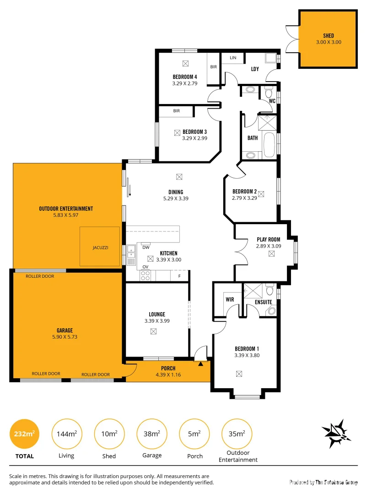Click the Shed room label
(x=328, y=36)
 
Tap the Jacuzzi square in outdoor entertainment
(x=100, y=247)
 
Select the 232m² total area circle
(x=25, y=434)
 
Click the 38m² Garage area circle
(x=152, y=434)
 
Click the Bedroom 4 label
(x=185, y=77)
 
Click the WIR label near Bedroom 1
(x=230, y=299)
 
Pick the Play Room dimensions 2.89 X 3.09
(x=268, y=246)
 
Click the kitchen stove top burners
(x=145, y=275)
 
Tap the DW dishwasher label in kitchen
(x=146, y=247)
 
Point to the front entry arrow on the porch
(x=200, y=364)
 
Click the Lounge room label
(x=157, y=314)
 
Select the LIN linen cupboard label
(x=233, y=58)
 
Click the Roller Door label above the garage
(x=40, y=276)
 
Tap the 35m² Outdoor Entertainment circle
(x=237, y=434)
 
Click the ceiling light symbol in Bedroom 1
(x=239, y=374)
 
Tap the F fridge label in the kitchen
(x=179, y=276)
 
